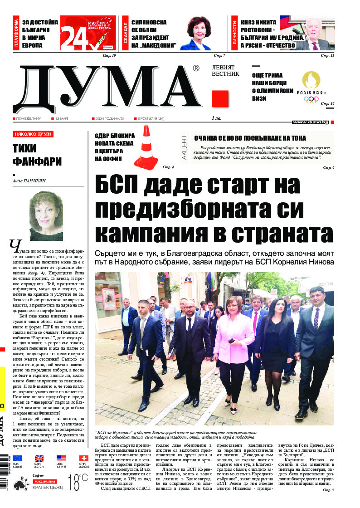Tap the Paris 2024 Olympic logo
[311, 86]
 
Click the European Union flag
[18, 459]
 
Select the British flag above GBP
[39, 459]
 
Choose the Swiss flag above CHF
[84, 459]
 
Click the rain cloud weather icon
[20, 484]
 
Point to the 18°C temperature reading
[78, 482]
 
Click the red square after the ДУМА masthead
[220, 99]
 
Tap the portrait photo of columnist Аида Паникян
[46, 210]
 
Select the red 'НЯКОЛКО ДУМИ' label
[33, 134]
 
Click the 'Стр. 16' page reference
[327, 104]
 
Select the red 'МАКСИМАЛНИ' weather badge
[44, 480]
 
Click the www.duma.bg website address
[311, 122]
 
